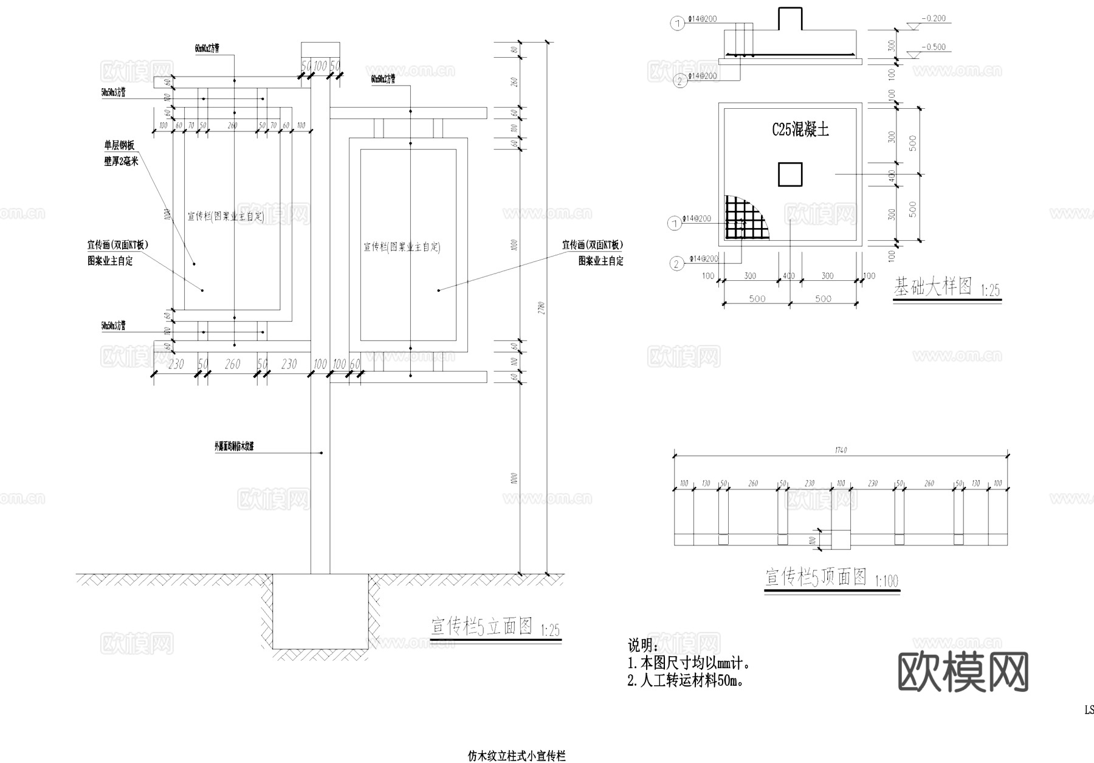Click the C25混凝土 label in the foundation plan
800,129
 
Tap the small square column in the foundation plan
790,174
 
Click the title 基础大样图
932,286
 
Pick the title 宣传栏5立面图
482,626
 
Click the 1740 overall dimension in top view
841,450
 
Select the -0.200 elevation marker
933,18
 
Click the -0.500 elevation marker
933,47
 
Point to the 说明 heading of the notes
642,645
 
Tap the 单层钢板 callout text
120,146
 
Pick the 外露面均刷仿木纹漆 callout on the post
233,446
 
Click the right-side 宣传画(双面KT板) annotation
592,245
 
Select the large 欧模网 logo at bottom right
963,672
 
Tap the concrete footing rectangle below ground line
320,611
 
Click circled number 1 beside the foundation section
677,24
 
